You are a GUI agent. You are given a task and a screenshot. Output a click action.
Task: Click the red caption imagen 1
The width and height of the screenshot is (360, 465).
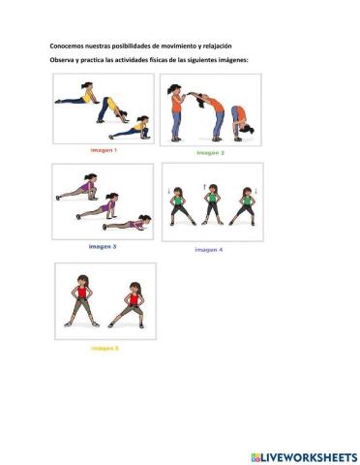(x=104, y=150)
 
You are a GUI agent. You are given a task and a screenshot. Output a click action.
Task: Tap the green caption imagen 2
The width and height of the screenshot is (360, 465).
(x=210, y=153)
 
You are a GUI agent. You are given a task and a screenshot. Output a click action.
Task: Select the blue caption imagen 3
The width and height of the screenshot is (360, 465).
(x=103, y=247)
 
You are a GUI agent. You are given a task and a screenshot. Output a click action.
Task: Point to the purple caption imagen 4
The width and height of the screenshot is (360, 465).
(x=209, y=250)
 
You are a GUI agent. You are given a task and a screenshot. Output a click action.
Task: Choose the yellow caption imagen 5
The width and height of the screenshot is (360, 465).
(x=105, y=348)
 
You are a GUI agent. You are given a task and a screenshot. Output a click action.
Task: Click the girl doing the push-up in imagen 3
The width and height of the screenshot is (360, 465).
(x=127, y=224)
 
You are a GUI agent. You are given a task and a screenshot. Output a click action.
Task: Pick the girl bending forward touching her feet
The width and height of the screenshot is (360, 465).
(x=242, y=123)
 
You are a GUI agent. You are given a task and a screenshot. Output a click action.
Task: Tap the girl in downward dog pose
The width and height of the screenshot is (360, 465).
(x=112, y=110)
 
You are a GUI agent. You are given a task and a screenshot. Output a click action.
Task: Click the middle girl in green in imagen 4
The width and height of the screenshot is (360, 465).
(x=212, y=204)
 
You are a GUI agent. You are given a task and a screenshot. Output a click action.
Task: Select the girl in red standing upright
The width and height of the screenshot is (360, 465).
(x=82, y=301)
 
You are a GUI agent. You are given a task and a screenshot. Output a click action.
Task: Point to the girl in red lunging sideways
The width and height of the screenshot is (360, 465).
(x=127, y=305)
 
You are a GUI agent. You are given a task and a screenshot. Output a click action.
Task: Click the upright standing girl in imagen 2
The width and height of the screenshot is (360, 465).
(x=176, y=112)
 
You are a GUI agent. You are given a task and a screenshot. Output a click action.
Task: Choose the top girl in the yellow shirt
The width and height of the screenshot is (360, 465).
(x=77, y=94)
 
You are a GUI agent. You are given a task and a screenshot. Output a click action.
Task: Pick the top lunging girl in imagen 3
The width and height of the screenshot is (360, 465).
(x=77, y=187)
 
